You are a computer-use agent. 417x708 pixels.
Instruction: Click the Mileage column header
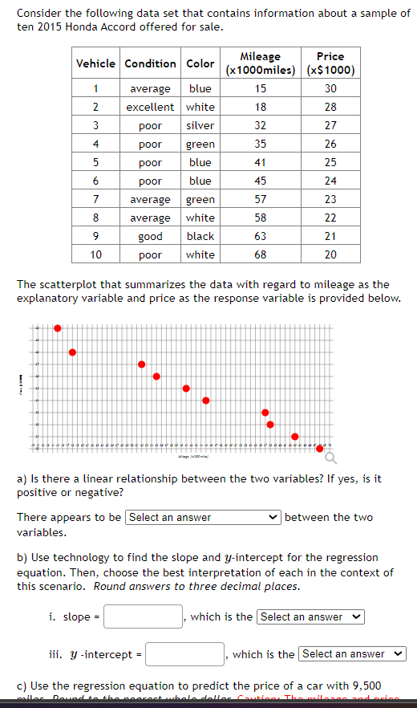(x=261, y=63)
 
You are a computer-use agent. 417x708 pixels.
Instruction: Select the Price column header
(x=330, y=63)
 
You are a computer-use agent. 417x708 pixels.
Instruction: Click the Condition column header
(x=151, y=63)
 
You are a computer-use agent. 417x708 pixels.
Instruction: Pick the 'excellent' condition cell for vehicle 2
(x=151, y=107)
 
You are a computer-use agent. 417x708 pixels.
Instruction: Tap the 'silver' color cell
(x=200, y=125)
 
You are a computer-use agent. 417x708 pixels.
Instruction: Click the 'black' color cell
(x=200, y=236)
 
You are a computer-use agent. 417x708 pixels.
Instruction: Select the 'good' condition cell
(x=151, y=236)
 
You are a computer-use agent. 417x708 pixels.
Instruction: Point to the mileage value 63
(x=261, y=236)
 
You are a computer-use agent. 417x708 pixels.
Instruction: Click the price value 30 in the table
(x=330, y=88)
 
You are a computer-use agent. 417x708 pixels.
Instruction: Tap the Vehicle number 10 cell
(x=95, y=254)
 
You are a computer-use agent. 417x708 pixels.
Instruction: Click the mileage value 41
(x=261, y=162)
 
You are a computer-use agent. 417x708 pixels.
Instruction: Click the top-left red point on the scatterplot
(x=58, y=328)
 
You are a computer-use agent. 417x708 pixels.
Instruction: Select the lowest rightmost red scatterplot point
(x=321, y=448)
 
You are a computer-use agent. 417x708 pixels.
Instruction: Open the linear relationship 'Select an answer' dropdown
(x=203, y=517)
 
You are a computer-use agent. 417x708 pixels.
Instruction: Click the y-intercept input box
(x=184, y=654)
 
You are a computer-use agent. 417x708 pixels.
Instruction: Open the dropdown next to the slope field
(x=310, y=616)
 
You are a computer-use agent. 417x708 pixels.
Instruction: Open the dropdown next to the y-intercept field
(x=352, y=654)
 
